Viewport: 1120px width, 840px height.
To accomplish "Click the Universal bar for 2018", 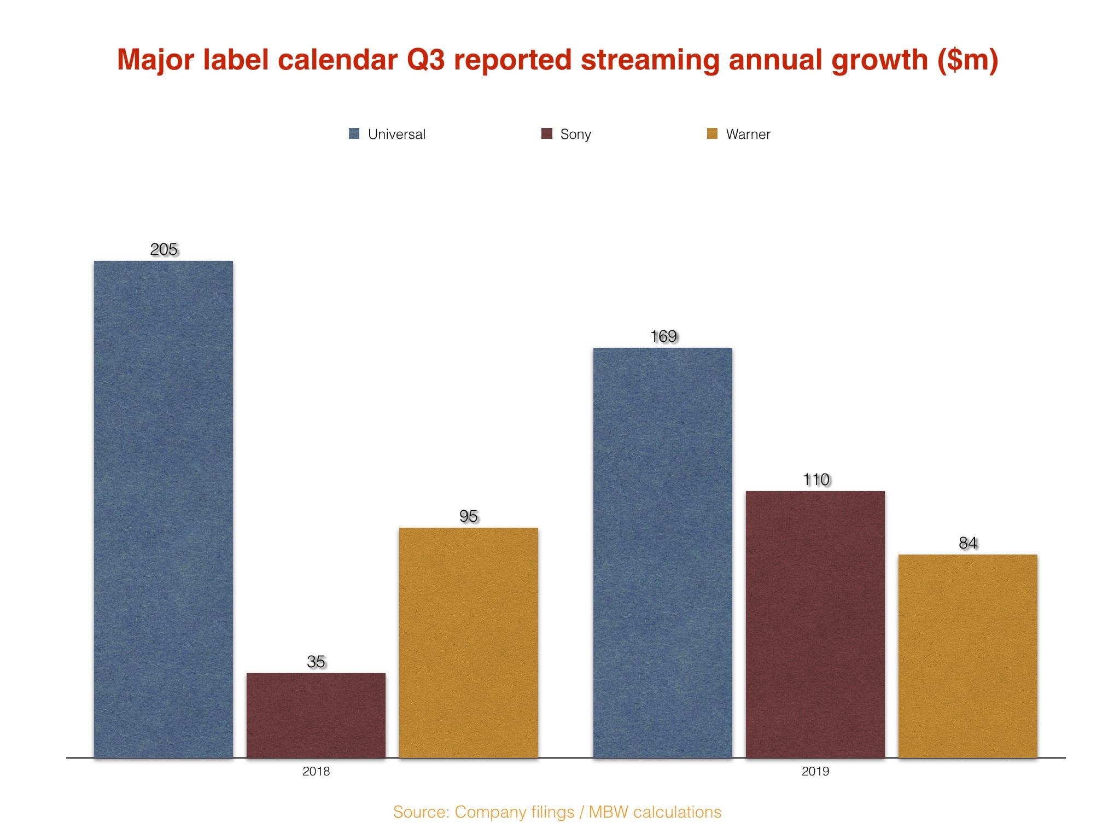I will click(164, 509).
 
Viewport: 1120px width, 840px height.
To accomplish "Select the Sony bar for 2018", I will click(316, 715).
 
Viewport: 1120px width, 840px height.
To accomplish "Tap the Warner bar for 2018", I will click(469, 642).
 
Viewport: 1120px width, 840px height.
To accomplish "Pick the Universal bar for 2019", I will click(663, 552).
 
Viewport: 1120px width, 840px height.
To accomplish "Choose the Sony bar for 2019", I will click(815, 624).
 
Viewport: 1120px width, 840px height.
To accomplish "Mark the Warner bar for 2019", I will click(968, 656).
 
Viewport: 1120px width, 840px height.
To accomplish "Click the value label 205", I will click(164, 249).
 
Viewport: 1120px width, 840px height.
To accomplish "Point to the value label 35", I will click(316, 662).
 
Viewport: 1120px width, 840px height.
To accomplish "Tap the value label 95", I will click(469, 516).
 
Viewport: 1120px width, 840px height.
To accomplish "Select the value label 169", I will click(663, 336).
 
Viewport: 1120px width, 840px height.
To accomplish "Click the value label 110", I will click(816, 480).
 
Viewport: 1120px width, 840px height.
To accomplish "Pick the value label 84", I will click(968, 543).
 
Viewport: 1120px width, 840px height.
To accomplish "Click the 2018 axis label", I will click(316, 772).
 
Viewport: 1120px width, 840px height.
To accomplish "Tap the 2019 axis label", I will click(815, 772).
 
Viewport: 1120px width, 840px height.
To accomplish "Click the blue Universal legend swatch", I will click(354, 133).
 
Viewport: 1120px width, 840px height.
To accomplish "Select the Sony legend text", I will click(576, 135).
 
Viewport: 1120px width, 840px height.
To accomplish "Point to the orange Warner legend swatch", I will click(712, 133).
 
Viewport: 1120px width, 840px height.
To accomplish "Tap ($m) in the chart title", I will click(968, 60).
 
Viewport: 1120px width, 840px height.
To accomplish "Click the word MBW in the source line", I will click(608, 812).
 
